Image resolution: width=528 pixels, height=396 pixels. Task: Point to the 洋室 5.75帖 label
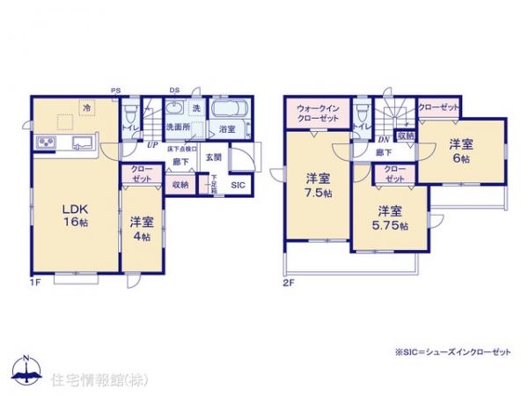tap(392, 218)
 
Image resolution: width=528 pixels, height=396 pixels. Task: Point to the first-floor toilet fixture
tap(130, 114)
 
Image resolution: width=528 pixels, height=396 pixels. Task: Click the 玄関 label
tap(213, 158)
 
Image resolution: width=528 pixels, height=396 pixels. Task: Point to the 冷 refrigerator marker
tap(86, 107)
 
